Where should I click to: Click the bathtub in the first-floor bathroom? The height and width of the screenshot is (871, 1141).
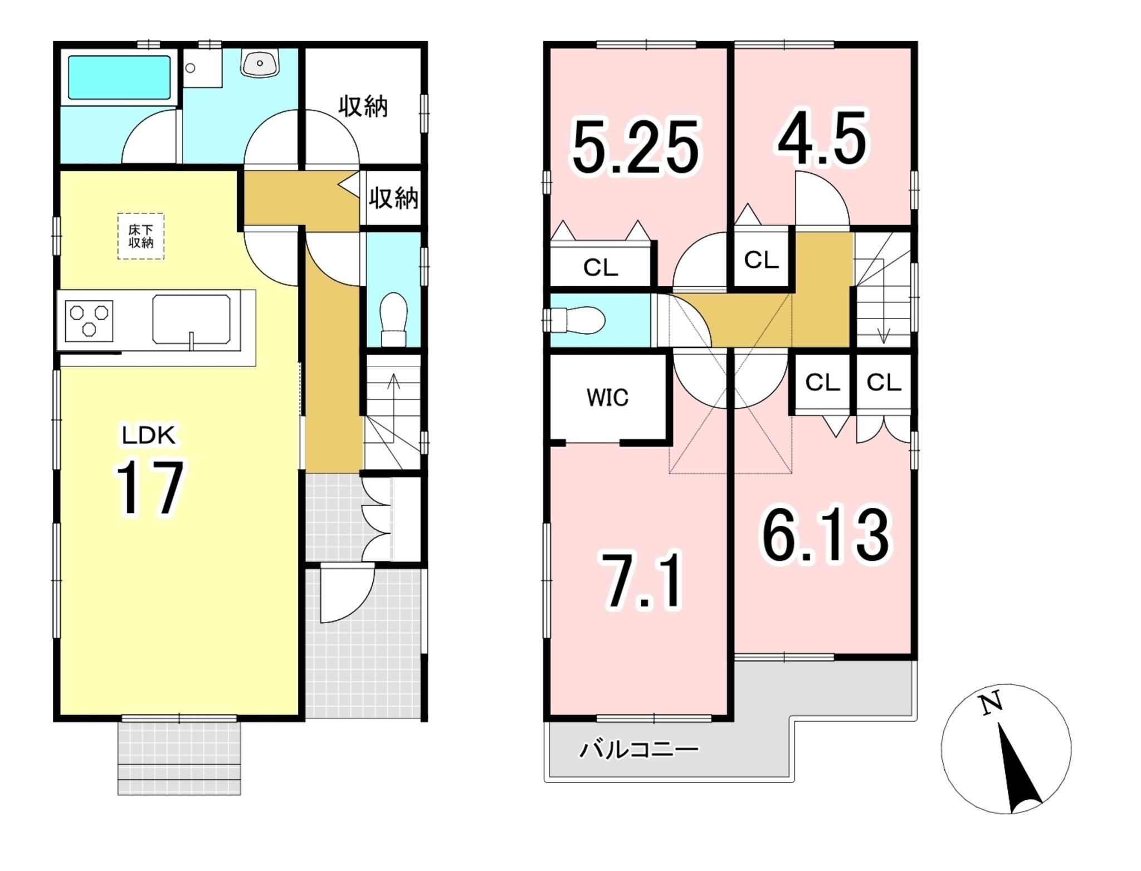(119, 77)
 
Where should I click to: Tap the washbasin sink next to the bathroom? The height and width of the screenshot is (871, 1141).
(260, 63)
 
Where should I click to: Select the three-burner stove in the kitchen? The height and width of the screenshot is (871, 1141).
(89, 321)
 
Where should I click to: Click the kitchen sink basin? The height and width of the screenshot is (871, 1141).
(192, 319)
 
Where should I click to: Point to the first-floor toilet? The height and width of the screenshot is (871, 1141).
(394, 320)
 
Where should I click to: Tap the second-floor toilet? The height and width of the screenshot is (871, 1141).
(575, 320)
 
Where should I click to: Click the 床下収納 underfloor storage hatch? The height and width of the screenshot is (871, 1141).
(141, 236)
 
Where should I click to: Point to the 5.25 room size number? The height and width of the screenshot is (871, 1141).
(635, 146)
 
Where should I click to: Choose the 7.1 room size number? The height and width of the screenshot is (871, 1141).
(642, 580)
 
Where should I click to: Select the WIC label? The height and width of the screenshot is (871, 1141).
(607, 398)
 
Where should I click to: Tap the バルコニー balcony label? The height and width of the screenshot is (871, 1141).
(639, 750)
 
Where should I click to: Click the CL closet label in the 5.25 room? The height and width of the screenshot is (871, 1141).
(601, 268)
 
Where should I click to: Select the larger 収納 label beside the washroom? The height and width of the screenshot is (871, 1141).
(363, 106)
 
